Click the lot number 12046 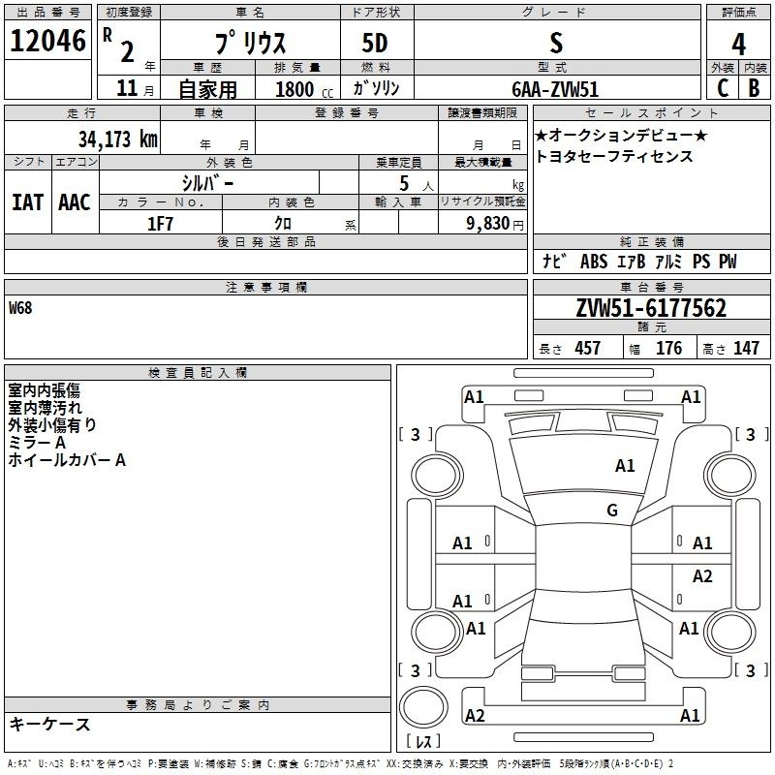(x=47, y=41)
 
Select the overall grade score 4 (x=738, y=45)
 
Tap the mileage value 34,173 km (x=117, y=139)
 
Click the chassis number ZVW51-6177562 (x=651, y=308)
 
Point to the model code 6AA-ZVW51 (x=555, y=89)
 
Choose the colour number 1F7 (x=160, y=224)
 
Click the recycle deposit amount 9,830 (x=487, y=224)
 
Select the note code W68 (x=20, y=308)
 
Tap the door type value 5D (x=375, y=43)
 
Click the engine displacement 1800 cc (x=304, y=89)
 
